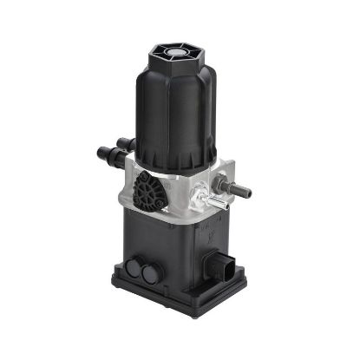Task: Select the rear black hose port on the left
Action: (126, 144)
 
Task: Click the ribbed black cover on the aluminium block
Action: (150, 189)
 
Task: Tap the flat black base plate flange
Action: (178, 295)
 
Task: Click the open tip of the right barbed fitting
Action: (248, 189)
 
